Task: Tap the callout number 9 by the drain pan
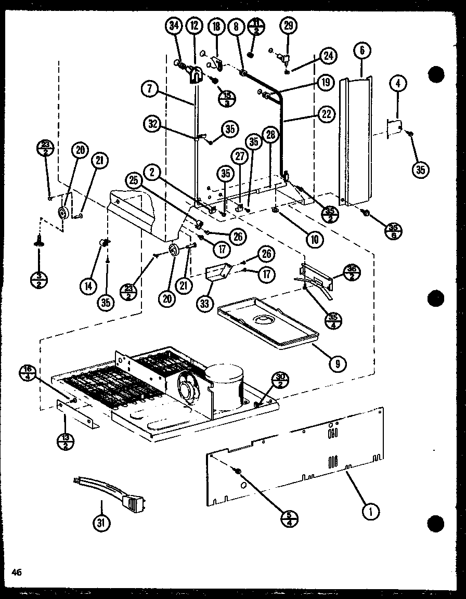(x=338, y=363)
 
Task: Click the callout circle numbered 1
(x=371, y=512)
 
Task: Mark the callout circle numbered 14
(x=88, y=285)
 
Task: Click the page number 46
(x=18, y=572)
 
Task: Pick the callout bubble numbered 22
(x=326, y=115)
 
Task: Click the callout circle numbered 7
(x=149, y=89)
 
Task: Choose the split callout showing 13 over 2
(x=66, y=443)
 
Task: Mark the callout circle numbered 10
(x=315, y=239)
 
